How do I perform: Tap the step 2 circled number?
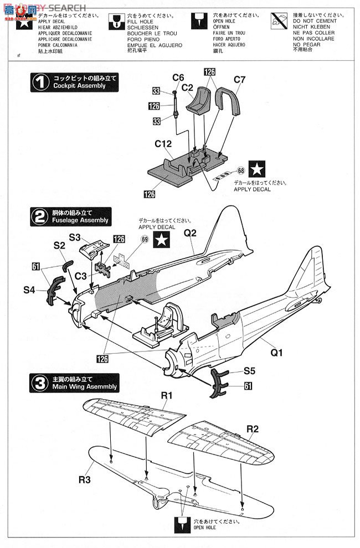39,216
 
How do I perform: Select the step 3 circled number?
39,382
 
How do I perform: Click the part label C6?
178,77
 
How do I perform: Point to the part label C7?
239,80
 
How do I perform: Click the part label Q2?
190,233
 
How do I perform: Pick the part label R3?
84,479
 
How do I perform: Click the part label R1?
167,395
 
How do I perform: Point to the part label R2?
253,428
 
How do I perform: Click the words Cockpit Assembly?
79,86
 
